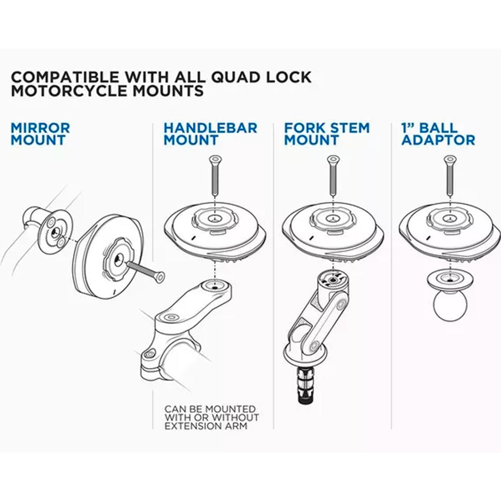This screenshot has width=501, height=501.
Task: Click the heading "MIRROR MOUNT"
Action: [x=40, y=134]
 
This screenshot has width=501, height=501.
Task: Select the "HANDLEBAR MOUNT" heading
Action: [x=210, y=134]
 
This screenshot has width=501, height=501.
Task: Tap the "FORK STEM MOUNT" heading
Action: [x=327, y=134]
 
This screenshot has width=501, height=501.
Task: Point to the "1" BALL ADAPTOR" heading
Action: [x=437, y=134]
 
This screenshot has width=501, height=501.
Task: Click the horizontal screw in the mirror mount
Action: [x=145, y=271]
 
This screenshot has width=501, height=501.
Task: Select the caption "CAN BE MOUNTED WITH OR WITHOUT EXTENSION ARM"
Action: [x=211, y=417]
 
